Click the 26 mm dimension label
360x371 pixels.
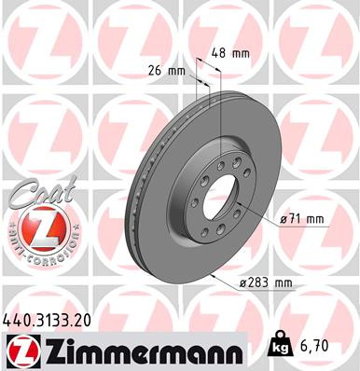[x=163, y=71]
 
